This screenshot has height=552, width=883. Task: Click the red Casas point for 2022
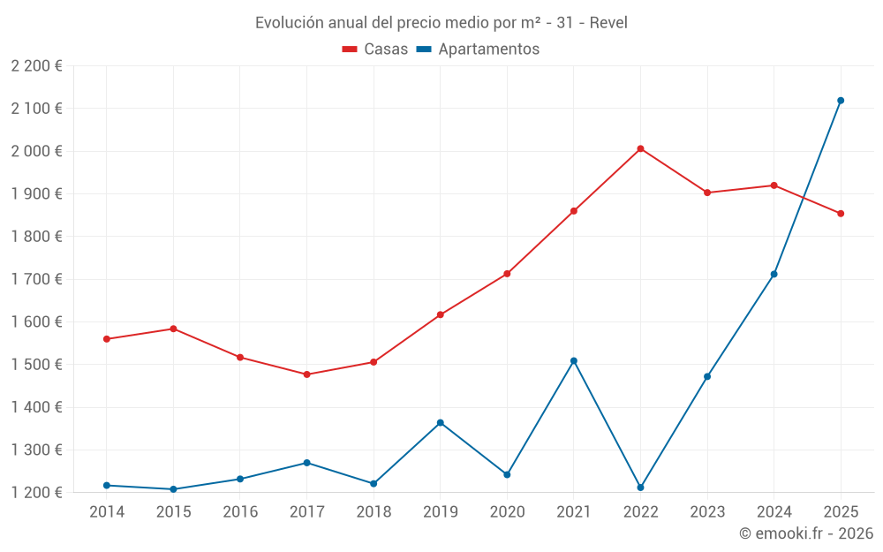click(640, 148)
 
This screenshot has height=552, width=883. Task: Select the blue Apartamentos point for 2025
click(841, 101)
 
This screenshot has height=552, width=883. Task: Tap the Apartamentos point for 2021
click(574, 360)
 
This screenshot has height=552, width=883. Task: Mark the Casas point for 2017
click(306, 374)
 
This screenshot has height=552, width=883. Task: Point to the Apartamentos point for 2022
click(640, 488)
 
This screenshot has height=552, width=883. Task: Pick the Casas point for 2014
click(107, 339)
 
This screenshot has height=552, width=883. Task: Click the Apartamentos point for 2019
click(440, 423)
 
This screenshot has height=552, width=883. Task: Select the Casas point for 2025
click(841, 214)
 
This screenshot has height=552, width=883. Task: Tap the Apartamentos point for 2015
click(173, 489)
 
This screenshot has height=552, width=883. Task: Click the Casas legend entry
click(375, 49)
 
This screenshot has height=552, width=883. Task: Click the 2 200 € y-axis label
click(36, 65)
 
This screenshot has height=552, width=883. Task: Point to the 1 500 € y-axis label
click(36, 365)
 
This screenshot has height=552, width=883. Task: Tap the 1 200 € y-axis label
click(36, 492)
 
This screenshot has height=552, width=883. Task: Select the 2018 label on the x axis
click(374, 511)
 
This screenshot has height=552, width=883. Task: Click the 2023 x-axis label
click(707, 511)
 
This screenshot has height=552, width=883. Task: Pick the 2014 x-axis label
click(107, 511)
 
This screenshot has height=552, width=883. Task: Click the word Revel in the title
click(608, 23)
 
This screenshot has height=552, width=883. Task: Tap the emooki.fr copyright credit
click(805, 533)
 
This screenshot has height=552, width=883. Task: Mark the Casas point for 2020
click(507, 274)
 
